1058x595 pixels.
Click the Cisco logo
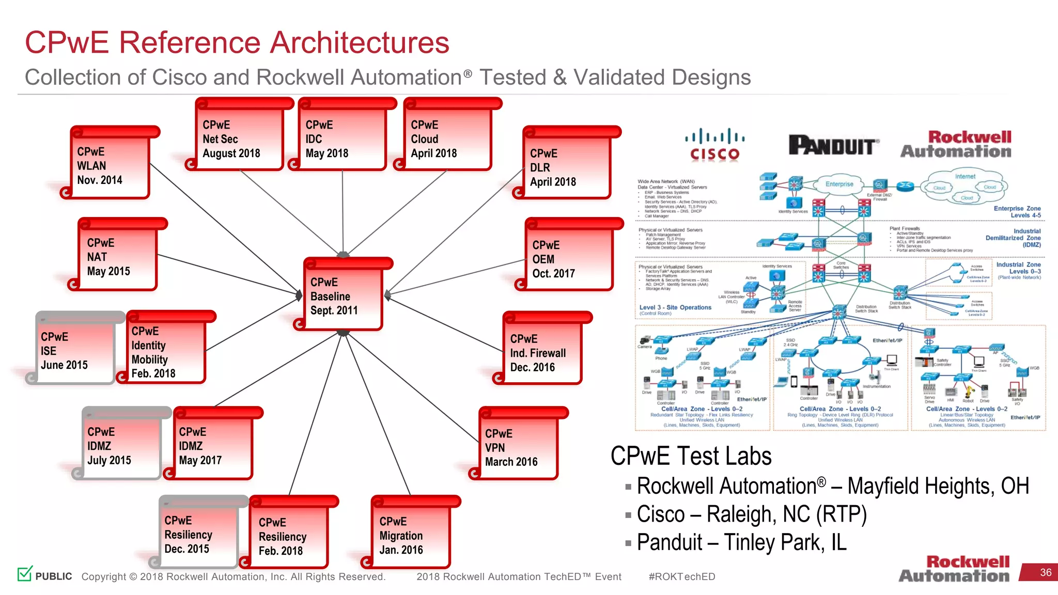715,145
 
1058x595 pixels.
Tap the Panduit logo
833,145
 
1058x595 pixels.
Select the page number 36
1045,572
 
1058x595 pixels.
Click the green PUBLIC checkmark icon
25,573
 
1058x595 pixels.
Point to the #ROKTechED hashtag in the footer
681,576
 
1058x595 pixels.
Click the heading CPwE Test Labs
691,456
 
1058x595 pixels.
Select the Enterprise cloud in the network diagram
839,184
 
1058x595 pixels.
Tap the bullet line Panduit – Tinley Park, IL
741,542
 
